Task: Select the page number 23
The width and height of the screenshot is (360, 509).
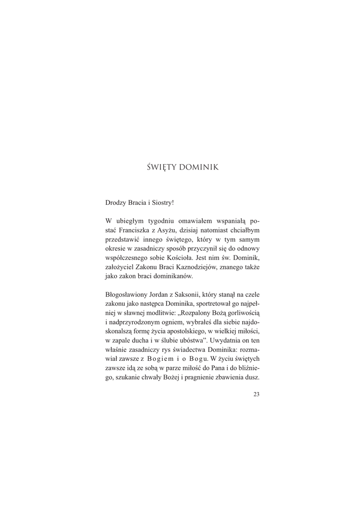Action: [x=257, y=395]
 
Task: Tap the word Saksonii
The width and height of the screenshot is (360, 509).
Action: [x=198, y=295]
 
